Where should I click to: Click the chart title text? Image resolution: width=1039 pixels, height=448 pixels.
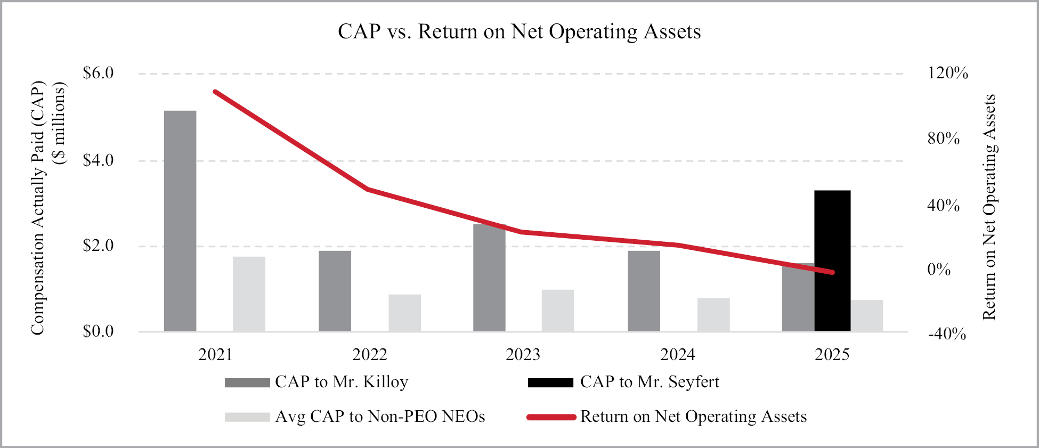[x=519, y=32]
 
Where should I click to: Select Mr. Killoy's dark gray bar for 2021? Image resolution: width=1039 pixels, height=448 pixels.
[x=180, y=221]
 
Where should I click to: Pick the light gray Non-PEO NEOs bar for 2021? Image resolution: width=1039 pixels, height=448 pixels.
[x=249, y=294]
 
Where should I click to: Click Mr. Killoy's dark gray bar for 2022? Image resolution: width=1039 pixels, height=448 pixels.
[x=335, y=291]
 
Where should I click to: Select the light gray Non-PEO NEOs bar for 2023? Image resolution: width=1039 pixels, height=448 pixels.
[x=558, y=311]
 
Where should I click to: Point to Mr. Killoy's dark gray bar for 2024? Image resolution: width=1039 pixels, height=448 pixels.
[x=644, y=291]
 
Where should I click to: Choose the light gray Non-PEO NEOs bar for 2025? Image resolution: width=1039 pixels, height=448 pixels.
[x=867, y=316]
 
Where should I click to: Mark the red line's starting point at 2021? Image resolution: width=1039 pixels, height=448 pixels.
[x=215, y=92]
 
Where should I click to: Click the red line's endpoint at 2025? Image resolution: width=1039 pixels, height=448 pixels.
[x=832, y=272]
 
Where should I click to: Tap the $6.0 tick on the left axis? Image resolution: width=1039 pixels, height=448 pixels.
[x=99, y=73]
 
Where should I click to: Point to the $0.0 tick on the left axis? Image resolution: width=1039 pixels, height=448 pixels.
[x=99, y=331]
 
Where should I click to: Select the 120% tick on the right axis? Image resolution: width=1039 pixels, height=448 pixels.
[x=948, y=73]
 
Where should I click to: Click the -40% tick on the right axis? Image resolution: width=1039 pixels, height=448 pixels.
[x=947, y=335]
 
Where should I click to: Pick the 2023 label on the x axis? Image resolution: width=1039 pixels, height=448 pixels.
[x=523, y=355]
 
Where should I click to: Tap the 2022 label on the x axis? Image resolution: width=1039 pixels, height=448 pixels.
[x=369, y=355]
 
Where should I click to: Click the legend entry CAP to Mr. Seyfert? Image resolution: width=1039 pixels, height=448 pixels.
[x=649, y=382]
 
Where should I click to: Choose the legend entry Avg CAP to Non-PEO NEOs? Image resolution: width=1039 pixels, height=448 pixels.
[x=379, y=417]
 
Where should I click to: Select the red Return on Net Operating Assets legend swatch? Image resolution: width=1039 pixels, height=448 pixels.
[x=551, y=417]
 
